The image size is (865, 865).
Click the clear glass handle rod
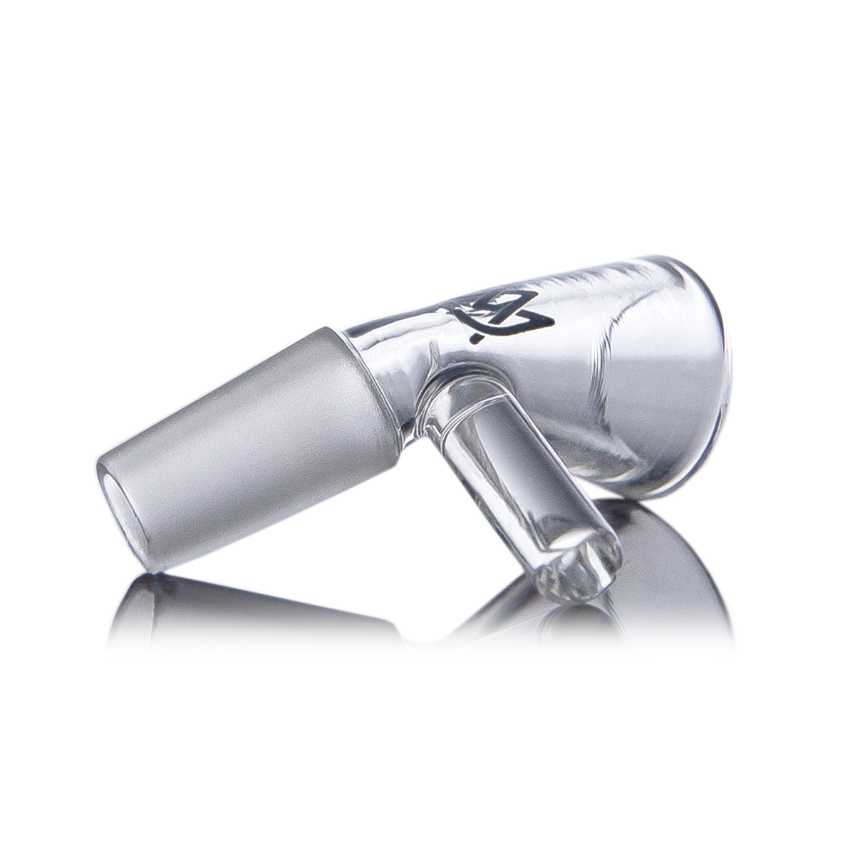click(x=513, y=463)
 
